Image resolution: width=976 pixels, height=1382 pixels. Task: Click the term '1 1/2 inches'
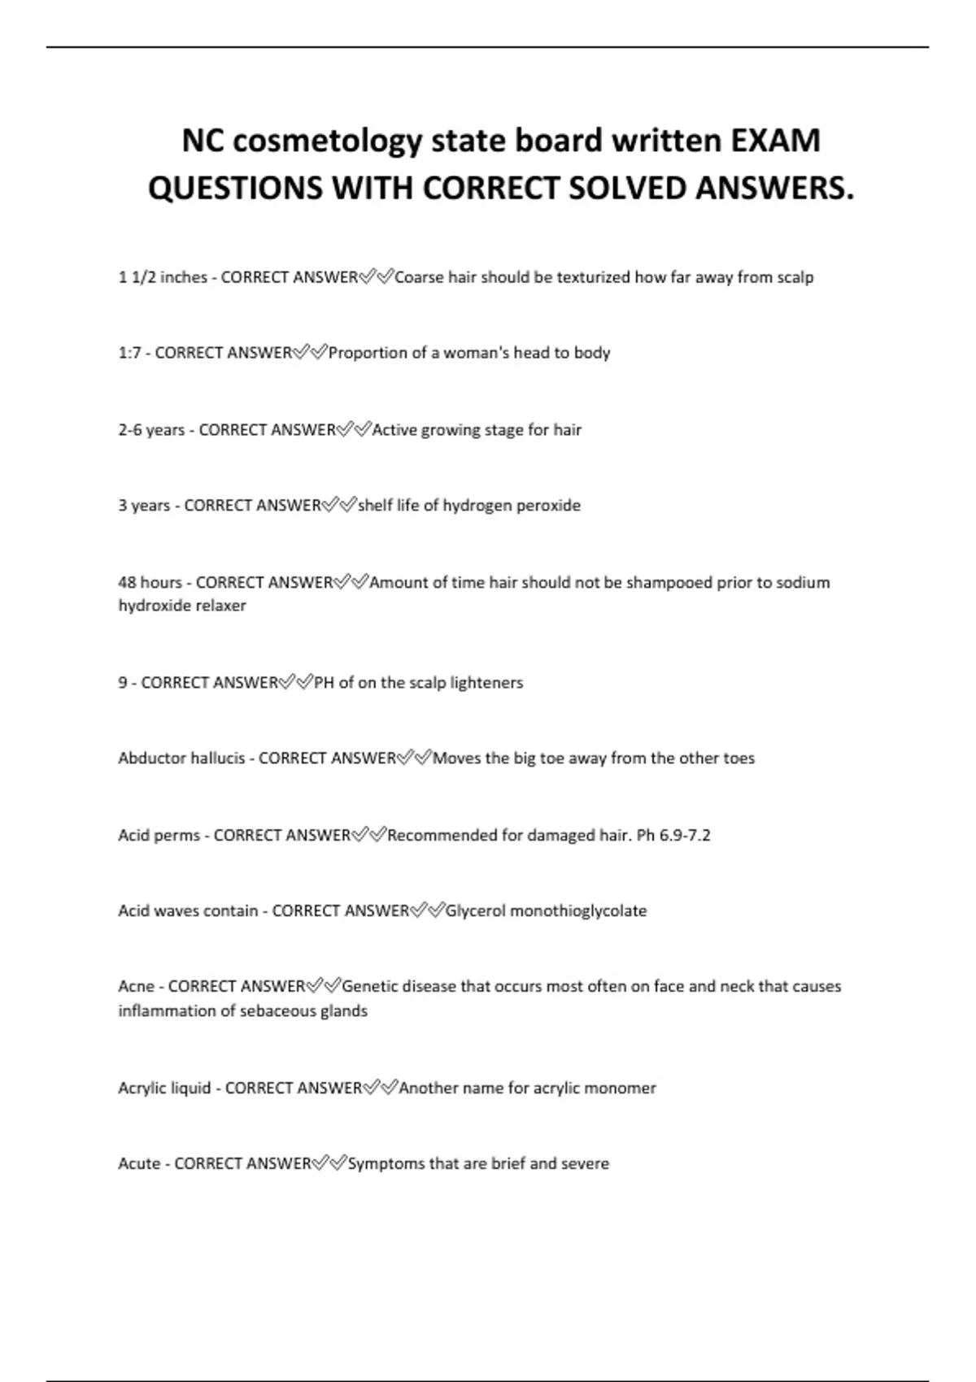[x=163, y=277]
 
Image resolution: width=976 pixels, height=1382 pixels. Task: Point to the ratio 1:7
[x=129, y=353]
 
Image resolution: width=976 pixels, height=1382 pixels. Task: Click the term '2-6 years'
[x=151, y=430]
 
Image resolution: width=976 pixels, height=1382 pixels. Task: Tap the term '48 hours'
[x=150, y=583]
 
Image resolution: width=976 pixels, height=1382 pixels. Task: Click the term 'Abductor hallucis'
[x=181, y=758]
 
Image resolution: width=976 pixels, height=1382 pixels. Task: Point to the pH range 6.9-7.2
[x=685, y=836]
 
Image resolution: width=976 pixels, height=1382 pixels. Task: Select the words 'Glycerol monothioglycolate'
[x=546, y=911]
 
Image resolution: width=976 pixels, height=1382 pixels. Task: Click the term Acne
[x=136, y=987]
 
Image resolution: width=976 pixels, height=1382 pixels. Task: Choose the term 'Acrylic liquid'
[x=164, y=1089]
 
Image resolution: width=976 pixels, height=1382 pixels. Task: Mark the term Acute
[x=139, y=1164]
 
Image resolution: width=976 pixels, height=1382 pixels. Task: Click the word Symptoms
[x=386, y=1164]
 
